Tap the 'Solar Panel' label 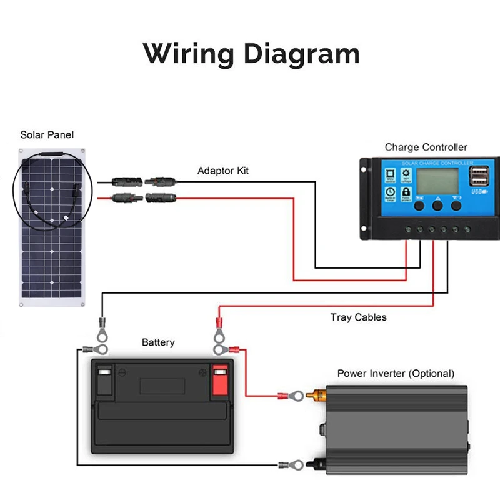pyautogui.click(x=47, y=134)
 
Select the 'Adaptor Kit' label pyautogui.click(x=224, y=171)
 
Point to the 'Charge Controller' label pyautogui.click(x=426, y=147)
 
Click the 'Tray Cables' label pyautogui.click(x=358, y=317)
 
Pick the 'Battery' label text pyautogui.click(x=158, y=342)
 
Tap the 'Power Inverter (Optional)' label pyautogui.click(x=396, y=373)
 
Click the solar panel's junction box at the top pyautogui.click(x=52, y=152)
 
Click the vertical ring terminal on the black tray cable pyautogui.click(x=101, y=326)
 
